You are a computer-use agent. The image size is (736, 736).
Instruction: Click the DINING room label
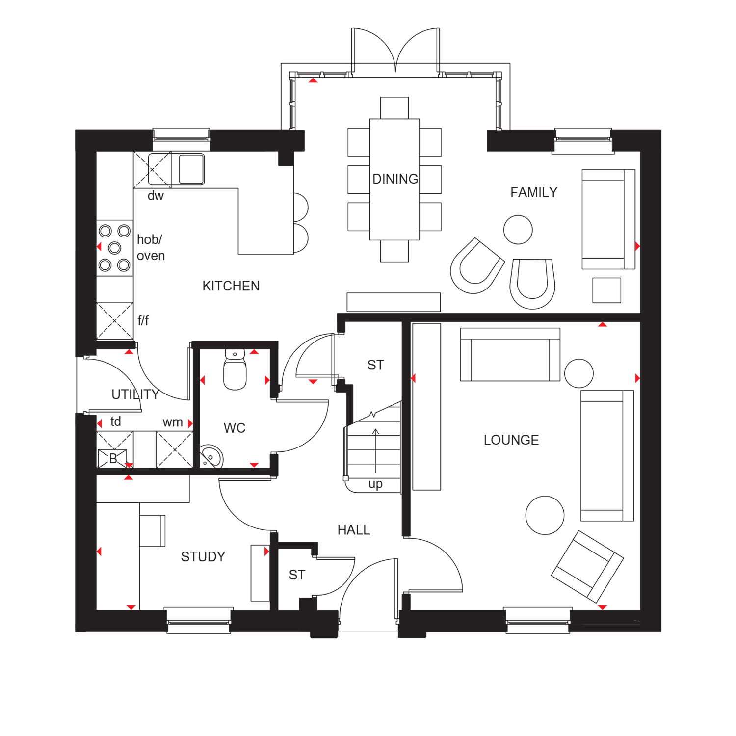pos(395,179)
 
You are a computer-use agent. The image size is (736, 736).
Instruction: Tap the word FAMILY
pos(534,192)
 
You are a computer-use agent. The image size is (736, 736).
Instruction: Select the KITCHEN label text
pos(231,286)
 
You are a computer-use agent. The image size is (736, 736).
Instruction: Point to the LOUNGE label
pos(511,440)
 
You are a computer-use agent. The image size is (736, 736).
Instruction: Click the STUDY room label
pos(203,557)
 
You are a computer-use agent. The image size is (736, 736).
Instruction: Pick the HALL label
pos(354,530)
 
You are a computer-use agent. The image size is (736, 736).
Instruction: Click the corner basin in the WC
pos(211,457)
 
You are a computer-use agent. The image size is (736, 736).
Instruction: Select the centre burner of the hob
pos(115,248)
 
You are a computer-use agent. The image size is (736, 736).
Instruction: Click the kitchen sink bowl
pos(191,169)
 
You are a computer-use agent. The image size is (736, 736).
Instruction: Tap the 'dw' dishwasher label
pos(156,196)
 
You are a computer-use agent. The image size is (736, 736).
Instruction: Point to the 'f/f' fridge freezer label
pos(143,321)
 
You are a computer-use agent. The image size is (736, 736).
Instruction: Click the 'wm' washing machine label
pos(173,422)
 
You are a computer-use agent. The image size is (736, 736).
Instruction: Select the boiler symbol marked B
pos(112,459)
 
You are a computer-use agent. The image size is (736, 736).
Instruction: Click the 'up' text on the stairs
pos(375,485)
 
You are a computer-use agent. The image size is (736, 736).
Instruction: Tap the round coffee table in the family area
pos(518,230)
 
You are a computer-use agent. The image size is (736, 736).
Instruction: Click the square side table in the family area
pos(606,290)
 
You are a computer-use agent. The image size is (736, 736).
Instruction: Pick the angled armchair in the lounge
pos(587,567)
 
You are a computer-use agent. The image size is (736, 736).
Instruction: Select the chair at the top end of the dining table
pos(394,108)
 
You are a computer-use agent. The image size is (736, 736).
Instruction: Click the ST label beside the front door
pos(297,575)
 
